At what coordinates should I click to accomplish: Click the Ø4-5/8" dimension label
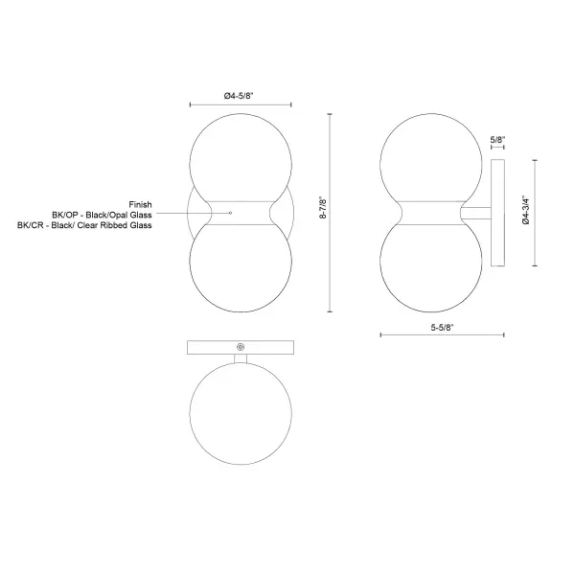coord(239,96)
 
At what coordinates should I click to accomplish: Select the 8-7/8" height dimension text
coord(323,208)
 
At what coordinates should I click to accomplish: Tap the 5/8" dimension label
coord(497,139)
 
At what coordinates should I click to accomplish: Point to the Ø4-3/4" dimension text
coord(526,209)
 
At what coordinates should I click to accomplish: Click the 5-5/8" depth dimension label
coord(442,327)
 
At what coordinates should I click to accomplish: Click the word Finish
coord(140,204)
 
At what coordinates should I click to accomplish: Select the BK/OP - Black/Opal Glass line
coord(102,215)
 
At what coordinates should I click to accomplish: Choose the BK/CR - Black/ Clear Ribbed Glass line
coord(84,225)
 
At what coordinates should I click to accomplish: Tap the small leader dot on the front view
coord(230,213)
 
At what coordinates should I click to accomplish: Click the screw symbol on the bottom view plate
coord(241,347)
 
